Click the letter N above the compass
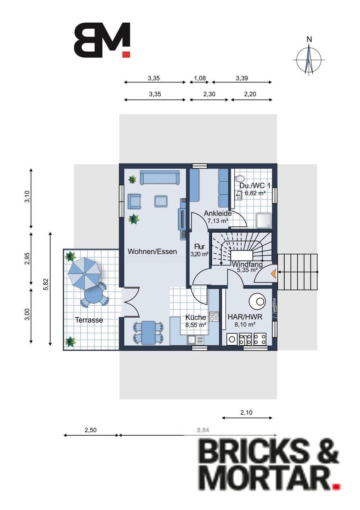[x=309, y=39]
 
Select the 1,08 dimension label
[x=200, y=78]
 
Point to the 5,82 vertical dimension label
[x=46, y=284]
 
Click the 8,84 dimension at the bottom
[x=203, y=430]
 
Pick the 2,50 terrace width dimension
[x=91, y=430]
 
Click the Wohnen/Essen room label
[x=152, y=251]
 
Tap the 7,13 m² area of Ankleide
[x=218, y=220]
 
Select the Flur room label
[x=199, y=246]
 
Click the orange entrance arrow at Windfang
[x=274, y=272]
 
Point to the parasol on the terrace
[x=84, y=273]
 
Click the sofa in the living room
[x=160, y=177]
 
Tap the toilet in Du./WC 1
[x=239, y=178]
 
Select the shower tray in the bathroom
[x=264, y=220]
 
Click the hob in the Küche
[x=214, y=317]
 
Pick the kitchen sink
[x=195, y=340]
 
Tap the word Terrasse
[x=89, y=320]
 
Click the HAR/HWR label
[x=245, y=317]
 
